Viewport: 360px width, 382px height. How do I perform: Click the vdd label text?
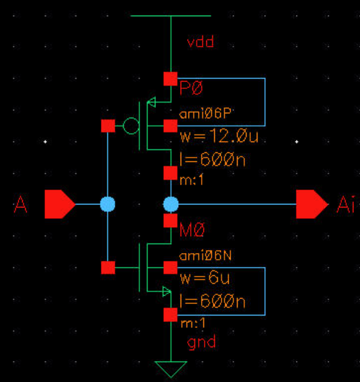[x=200, y=42]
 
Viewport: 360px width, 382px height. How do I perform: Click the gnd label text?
[x=201, y=342]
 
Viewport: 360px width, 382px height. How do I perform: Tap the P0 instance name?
[x=192, y=88]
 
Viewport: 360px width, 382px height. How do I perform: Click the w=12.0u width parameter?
[x=218, y=137]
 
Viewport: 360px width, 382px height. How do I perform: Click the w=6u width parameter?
[x=205, y=278]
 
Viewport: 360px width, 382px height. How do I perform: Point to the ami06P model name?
[x=206, y=113]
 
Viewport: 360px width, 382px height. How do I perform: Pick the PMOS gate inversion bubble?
[x=131, y=126]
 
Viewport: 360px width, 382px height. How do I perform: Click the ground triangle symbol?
[x=171, y=367]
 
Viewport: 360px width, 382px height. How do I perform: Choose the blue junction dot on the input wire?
[x=108, y=205]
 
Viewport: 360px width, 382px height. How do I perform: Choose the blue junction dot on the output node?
[x=171, y=205]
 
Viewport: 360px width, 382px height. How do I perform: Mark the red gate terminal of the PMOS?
[x=108, y=126]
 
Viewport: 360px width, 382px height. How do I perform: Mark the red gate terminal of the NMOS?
[x=108, y=267]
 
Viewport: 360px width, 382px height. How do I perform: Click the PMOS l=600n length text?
[x=212, y=160]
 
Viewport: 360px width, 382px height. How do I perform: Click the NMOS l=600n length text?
[x=212, y=301]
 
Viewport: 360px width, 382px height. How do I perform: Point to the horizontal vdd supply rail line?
[x=171, y=16]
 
